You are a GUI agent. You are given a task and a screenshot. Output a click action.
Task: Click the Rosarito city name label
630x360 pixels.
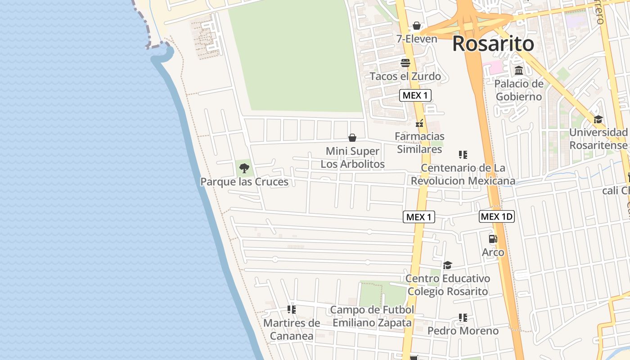click(493, 44)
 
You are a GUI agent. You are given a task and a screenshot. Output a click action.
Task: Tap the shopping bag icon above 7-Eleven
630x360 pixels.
click(417, 26)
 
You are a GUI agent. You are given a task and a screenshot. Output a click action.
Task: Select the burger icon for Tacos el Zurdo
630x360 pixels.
click(405, 63)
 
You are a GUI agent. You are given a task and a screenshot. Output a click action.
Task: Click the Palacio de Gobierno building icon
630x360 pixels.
click(519, 71)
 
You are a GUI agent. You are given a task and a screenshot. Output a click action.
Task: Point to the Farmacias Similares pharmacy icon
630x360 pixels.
click(419, 122)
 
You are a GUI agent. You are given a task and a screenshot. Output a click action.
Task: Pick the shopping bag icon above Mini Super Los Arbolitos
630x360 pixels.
click(352, 138)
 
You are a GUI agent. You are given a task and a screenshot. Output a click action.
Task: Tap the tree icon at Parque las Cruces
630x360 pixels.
click(244, 168)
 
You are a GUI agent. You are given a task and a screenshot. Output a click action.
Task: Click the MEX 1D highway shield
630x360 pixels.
click(496, 216)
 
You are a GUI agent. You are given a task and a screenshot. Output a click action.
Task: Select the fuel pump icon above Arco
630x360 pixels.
click(493, 239)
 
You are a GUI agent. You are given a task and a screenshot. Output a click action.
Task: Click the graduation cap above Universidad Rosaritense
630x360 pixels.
click(598, 119)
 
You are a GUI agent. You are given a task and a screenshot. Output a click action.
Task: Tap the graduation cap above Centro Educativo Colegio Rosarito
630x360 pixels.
click(447, 265)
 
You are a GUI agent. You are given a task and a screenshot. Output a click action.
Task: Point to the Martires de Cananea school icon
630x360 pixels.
click(292, 310)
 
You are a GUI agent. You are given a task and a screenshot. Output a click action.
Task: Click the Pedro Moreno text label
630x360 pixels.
click(463, 331)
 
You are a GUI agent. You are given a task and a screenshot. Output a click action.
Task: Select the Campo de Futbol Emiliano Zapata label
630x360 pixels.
click(372, 316)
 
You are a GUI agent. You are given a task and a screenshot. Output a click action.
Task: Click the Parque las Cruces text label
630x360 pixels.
click(244, 182)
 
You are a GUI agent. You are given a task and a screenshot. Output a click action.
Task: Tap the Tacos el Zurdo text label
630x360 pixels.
click(405, 76)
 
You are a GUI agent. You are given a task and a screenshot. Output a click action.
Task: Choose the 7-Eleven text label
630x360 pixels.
click(417, 39)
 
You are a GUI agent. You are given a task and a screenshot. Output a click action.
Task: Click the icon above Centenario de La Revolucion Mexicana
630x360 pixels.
click(463, 155)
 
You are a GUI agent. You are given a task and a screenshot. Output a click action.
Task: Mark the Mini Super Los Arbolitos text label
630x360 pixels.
click(352, 157)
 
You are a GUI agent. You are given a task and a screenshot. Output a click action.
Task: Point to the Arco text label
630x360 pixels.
click(493, 252)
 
